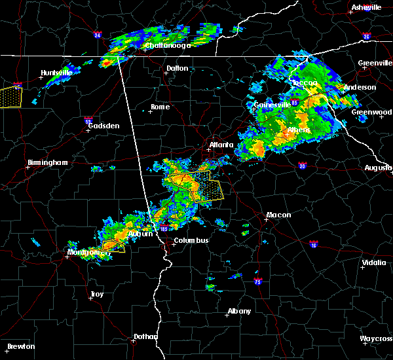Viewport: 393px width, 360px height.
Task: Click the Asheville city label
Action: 366,7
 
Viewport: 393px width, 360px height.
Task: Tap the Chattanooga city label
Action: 168,45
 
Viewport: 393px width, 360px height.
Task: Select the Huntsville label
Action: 56,73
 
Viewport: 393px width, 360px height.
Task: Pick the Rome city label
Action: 160,107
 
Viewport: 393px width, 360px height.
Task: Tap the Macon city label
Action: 278,215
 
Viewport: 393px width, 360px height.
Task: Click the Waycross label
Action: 377,338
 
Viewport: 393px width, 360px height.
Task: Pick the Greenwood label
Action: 371,112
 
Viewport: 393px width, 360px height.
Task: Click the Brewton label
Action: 22,346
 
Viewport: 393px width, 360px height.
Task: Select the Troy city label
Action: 97,294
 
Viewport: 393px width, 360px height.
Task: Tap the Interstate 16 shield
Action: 314,245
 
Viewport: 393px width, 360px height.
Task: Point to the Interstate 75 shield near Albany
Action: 257,281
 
